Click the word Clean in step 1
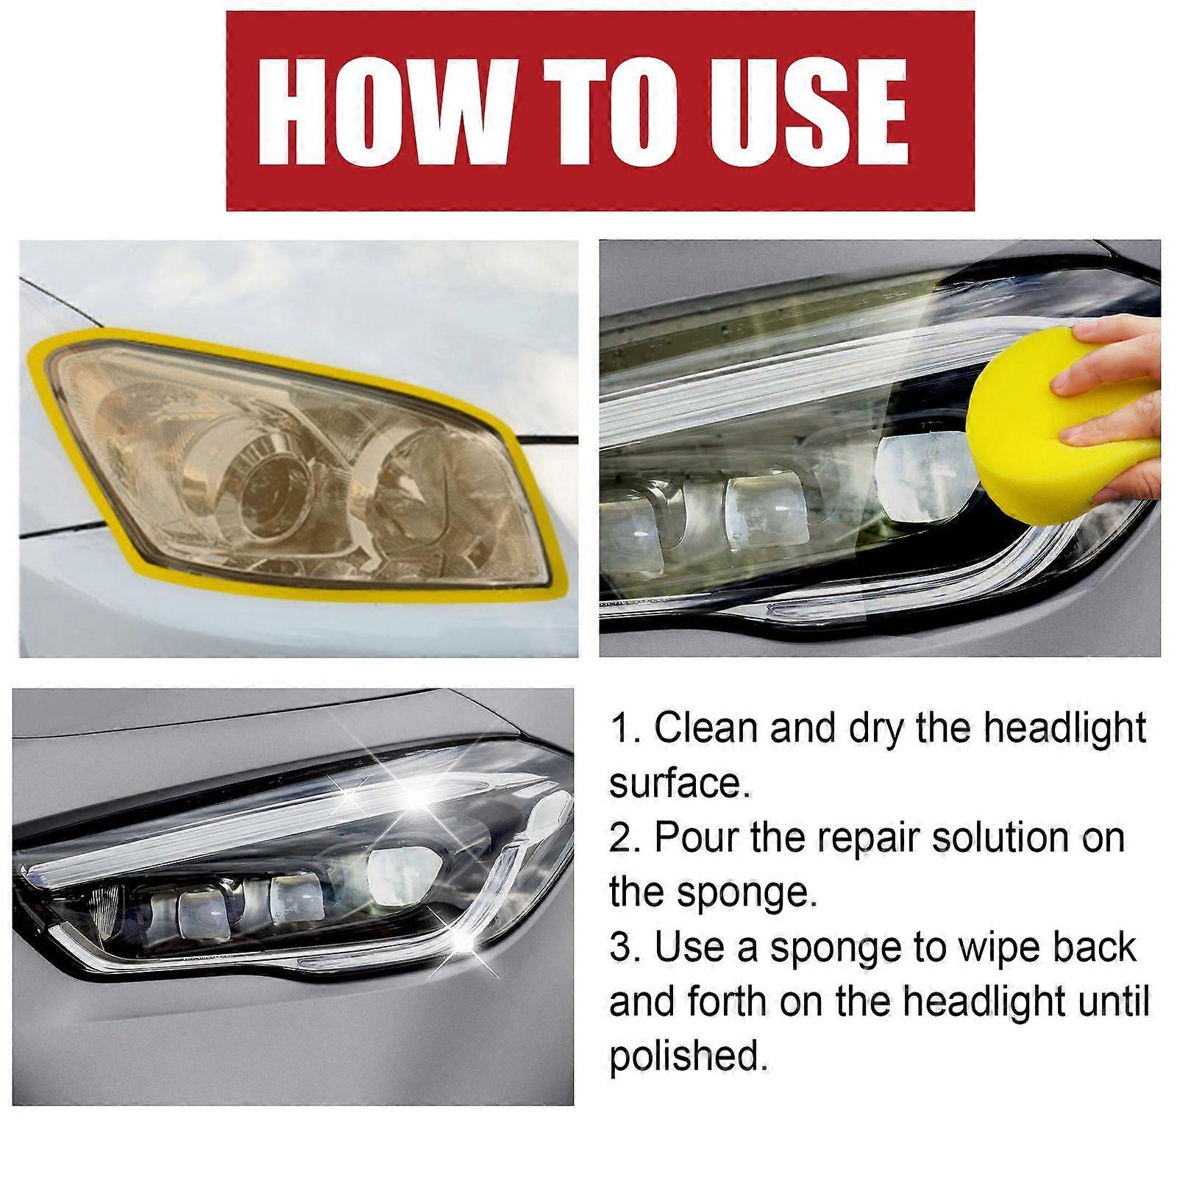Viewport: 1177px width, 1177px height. (x=705, y=728)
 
